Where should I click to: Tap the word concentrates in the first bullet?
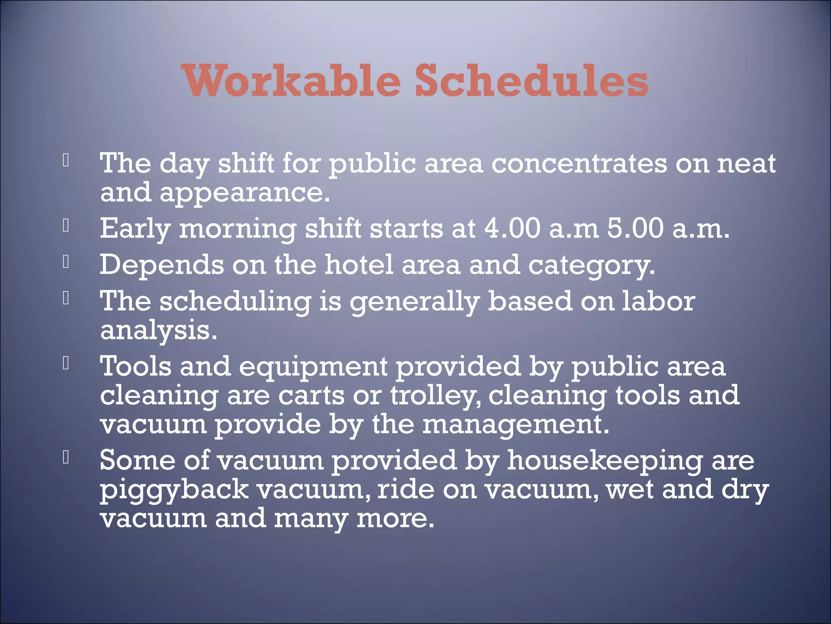coord(579,163)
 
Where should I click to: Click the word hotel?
coord(359,264)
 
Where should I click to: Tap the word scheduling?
coord(235,302)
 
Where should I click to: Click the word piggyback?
coord(174,490)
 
